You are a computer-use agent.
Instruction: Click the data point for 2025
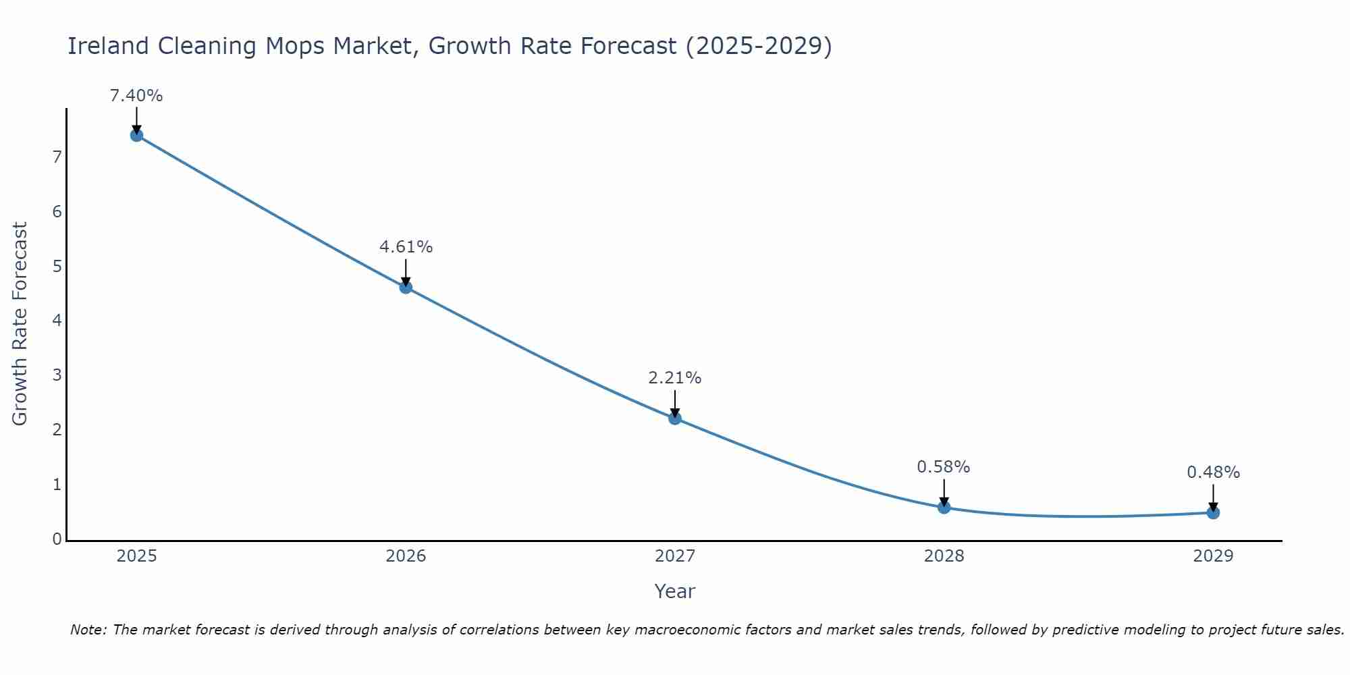pyautogui.click(x=136, y=135)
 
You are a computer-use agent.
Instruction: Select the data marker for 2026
pyautogui.click(x=406, y=287)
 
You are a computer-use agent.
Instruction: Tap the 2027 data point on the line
pyautogui.click(x=675, y=418)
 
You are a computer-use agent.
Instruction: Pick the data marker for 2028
pyautogui.click(x=944, y=507)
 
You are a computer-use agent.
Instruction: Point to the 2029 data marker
pyautogui.click(x=1213, y=512)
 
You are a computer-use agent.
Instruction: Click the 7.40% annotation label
pyautogui.click(x=136, y=96)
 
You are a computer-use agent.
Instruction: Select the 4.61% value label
pyautogui.click(x=406, y=247)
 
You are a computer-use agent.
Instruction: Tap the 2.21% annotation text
pyautogui.click(x=675, y=378)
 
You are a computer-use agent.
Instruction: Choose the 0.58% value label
pyautogui.click(x=944, y=467)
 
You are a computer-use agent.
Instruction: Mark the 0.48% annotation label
pyautogui.click(x=1213, y=473)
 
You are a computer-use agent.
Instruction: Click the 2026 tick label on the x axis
pyautogui.click(x=406, y=556)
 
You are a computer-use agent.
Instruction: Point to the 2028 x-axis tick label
pyautogui.click(x=944, y=556)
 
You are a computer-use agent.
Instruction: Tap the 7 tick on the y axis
pyautogui.click(x=57, y=157)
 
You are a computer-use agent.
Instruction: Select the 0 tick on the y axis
pyautogui.click(x=57, y=539)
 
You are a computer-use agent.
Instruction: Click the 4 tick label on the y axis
pyautogui.click(x=57, y=321)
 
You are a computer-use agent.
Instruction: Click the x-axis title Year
pyautogui.click(x=674, y=592)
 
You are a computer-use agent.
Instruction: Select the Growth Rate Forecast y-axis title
pyautogui.click(x=20, y=324)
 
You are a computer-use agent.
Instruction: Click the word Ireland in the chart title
pyautogui.click(x=108, y=47)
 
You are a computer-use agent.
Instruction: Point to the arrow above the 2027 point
pyautogui.click(x=675, y=403)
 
